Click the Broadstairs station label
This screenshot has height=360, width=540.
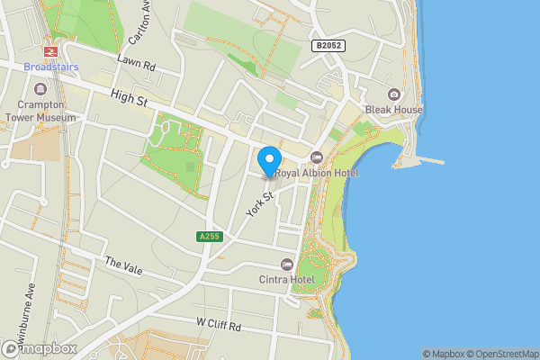50,67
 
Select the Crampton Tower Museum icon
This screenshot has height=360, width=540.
40,89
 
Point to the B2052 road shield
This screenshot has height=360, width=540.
328,45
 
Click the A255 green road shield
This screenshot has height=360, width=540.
209,237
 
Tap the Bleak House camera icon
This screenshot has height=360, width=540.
393,94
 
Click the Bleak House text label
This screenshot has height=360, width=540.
393,110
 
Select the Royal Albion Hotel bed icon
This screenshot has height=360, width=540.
316,157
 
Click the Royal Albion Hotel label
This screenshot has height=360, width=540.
316,173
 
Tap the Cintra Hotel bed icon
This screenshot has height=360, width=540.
287,264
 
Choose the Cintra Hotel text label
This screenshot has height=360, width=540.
287,280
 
